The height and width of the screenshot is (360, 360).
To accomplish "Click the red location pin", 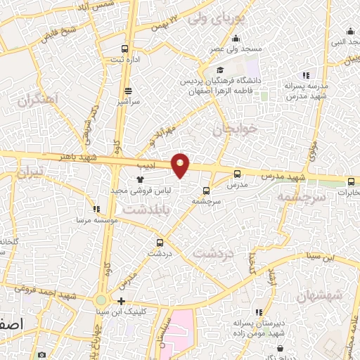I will point(181,164).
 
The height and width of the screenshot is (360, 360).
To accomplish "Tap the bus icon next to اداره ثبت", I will point(124,49).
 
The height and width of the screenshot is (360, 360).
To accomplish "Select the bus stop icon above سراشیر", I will point(128,91).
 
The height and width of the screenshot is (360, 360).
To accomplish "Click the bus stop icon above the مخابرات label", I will point(351,181).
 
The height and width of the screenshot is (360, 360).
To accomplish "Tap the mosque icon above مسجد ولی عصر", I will point(235,39).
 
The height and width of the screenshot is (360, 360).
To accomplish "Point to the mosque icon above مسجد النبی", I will point(350,31).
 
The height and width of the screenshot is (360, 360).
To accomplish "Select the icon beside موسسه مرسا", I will point(97,209).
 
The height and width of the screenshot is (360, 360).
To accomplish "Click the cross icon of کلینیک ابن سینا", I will point(121,301).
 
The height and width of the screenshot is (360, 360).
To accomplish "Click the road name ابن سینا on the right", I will point(318,255).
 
